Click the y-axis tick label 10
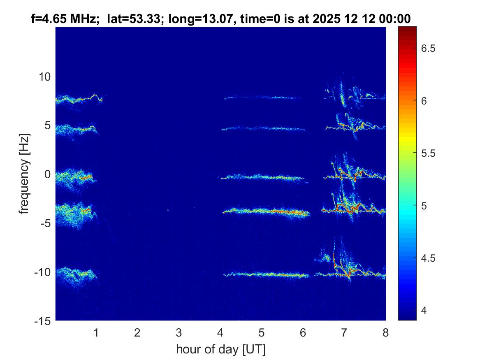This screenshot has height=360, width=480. [44, 77]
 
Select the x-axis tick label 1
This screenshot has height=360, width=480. [96, 332]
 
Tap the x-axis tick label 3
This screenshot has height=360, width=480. [179, 332]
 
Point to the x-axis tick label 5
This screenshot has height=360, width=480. [262, 332]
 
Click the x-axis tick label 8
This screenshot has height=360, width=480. [385, 332]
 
